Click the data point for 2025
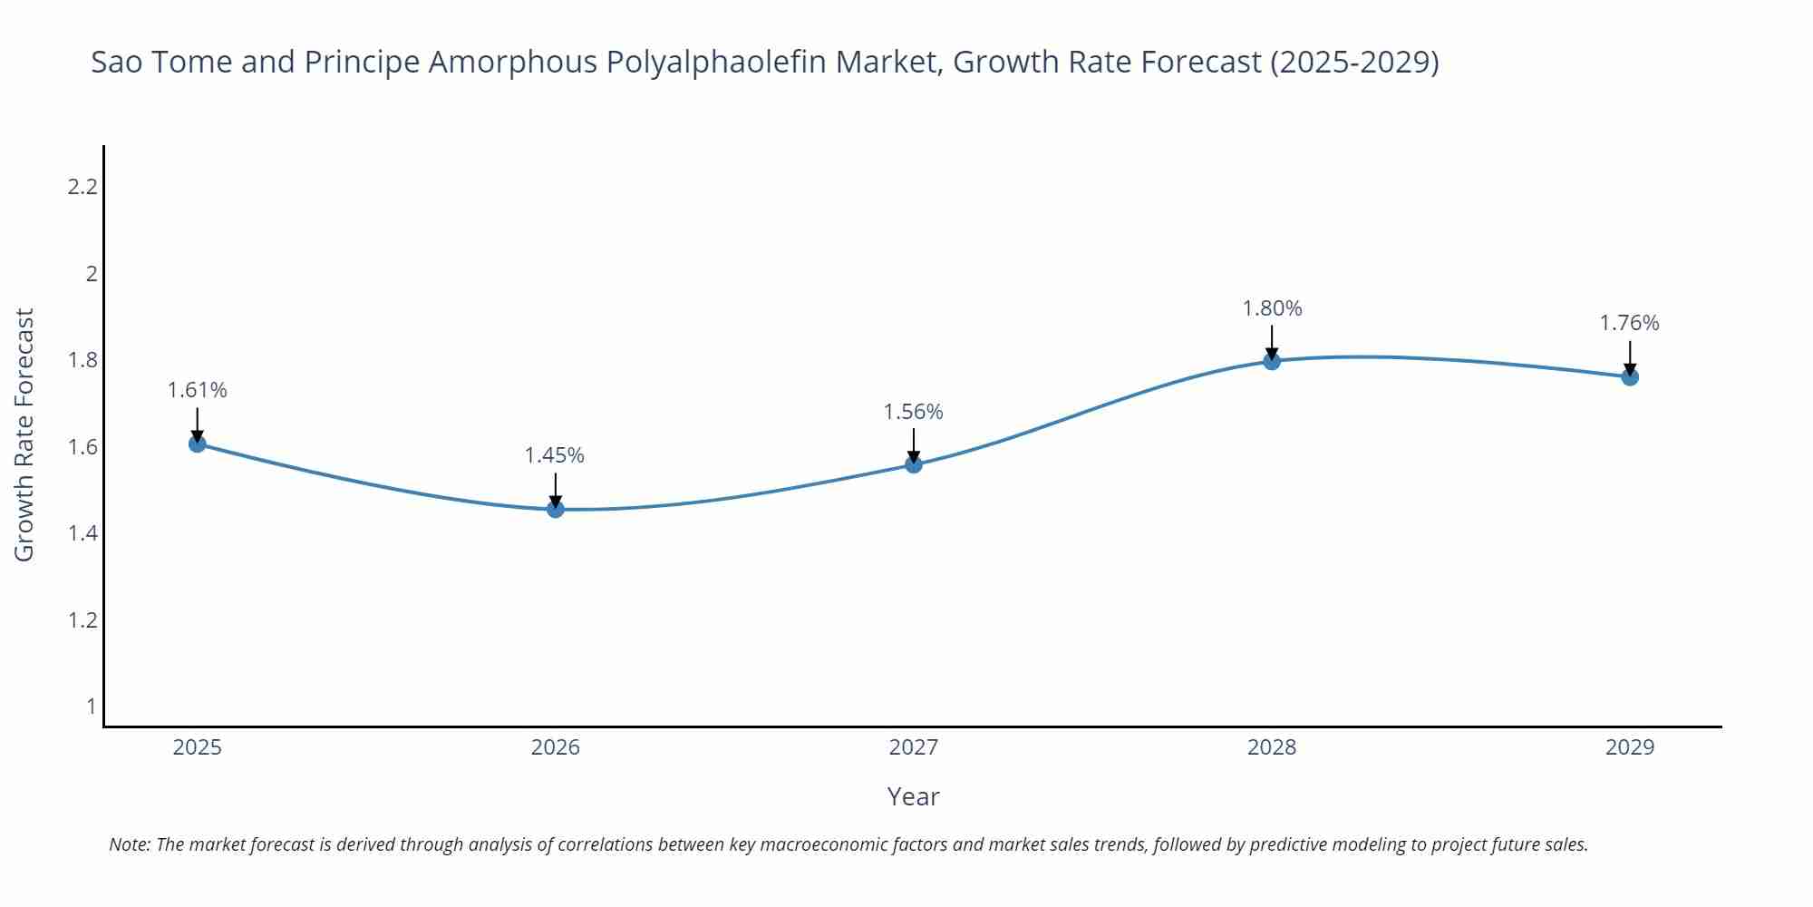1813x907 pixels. point(198,444)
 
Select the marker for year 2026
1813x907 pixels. point(556,509)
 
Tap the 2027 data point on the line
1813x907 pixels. point(914,464)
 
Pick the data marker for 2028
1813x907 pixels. point(1272,361)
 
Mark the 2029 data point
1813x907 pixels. point(1630,376)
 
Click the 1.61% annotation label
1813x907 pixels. point(198,390)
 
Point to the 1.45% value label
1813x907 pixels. point(555,455)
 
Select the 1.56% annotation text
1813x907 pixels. point(914,412)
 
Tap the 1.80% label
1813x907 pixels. point(1272,308)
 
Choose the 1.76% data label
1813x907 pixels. point(1629,323)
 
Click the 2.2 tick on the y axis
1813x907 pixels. point(82,187)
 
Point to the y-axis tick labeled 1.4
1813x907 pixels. point(82,533)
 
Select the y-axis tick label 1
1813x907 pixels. point(91,706)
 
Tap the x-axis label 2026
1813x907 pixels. point(556,747)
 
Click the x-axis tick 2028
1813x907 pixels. point(1272,747)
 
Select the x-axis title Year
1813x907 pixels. point(913,796)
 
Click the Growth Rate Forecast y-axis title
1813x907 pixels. point(24,434)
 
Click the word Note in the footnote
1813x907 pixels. point(129,844)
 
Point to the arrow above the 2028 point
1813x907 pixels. point(1272,343)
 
